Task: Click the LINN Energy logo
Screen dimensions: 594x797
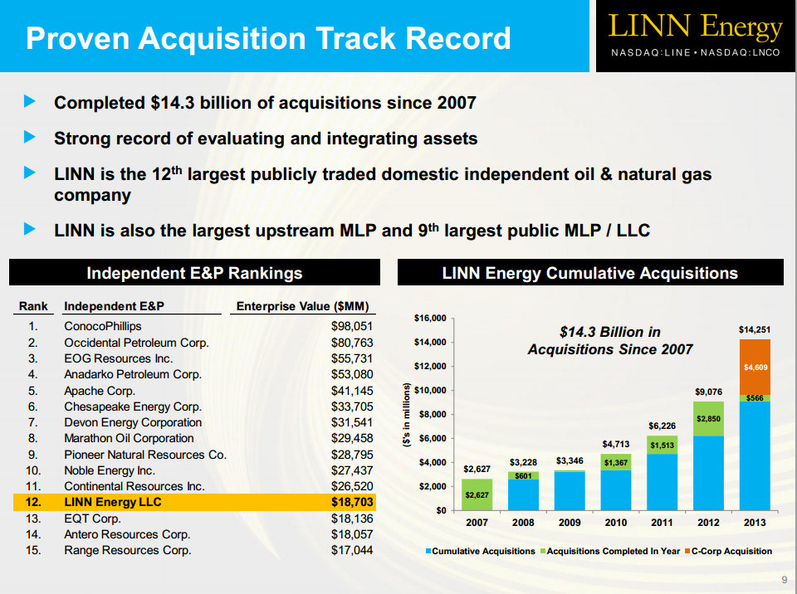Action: [696, 27]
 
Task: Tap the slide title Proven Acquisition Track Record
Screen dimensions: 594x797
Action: [268, 38]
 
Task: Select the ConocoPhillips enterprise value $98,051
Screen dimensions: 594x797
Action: [352, 326]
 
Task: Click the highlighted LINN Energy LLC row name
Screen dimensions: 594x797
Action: [113, 502]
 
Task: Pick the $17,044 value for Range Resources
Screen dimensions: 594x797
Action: [352, 550]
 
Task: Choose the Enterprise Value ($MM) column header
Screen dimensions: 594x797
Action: [302, 306]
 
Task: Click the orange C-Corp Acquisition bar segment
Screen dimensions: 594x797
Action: [755, 367]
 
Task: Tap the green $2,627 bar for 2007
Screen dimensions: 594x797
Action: [477, 494]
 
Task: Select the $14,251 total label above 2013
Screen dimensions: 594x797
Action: [755, 330]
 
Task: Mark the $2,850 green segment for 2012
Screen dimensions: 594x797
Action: [708, 419]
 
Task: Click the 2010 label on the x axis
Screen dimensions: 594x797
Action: [615, 523]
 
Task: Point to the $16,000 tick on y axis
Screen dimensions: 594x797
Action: [429, 318]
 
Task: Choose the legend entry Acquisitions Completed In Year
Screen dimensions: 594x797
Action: [614, 551]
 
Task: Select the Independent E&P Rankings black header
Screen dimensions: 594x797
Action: [194, 273]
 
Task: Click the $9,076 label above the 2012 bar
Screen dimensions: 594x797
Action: [708, 391]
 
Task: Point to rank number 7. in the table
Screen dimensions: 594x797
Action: [32, 422]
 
